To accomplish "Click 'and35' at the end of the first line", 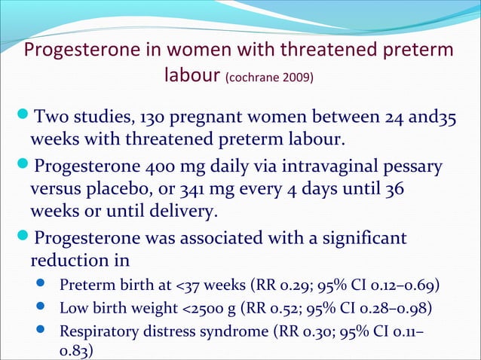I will tap(440, 117).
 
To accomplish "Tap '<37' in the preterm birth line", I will tap(185, 286).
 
